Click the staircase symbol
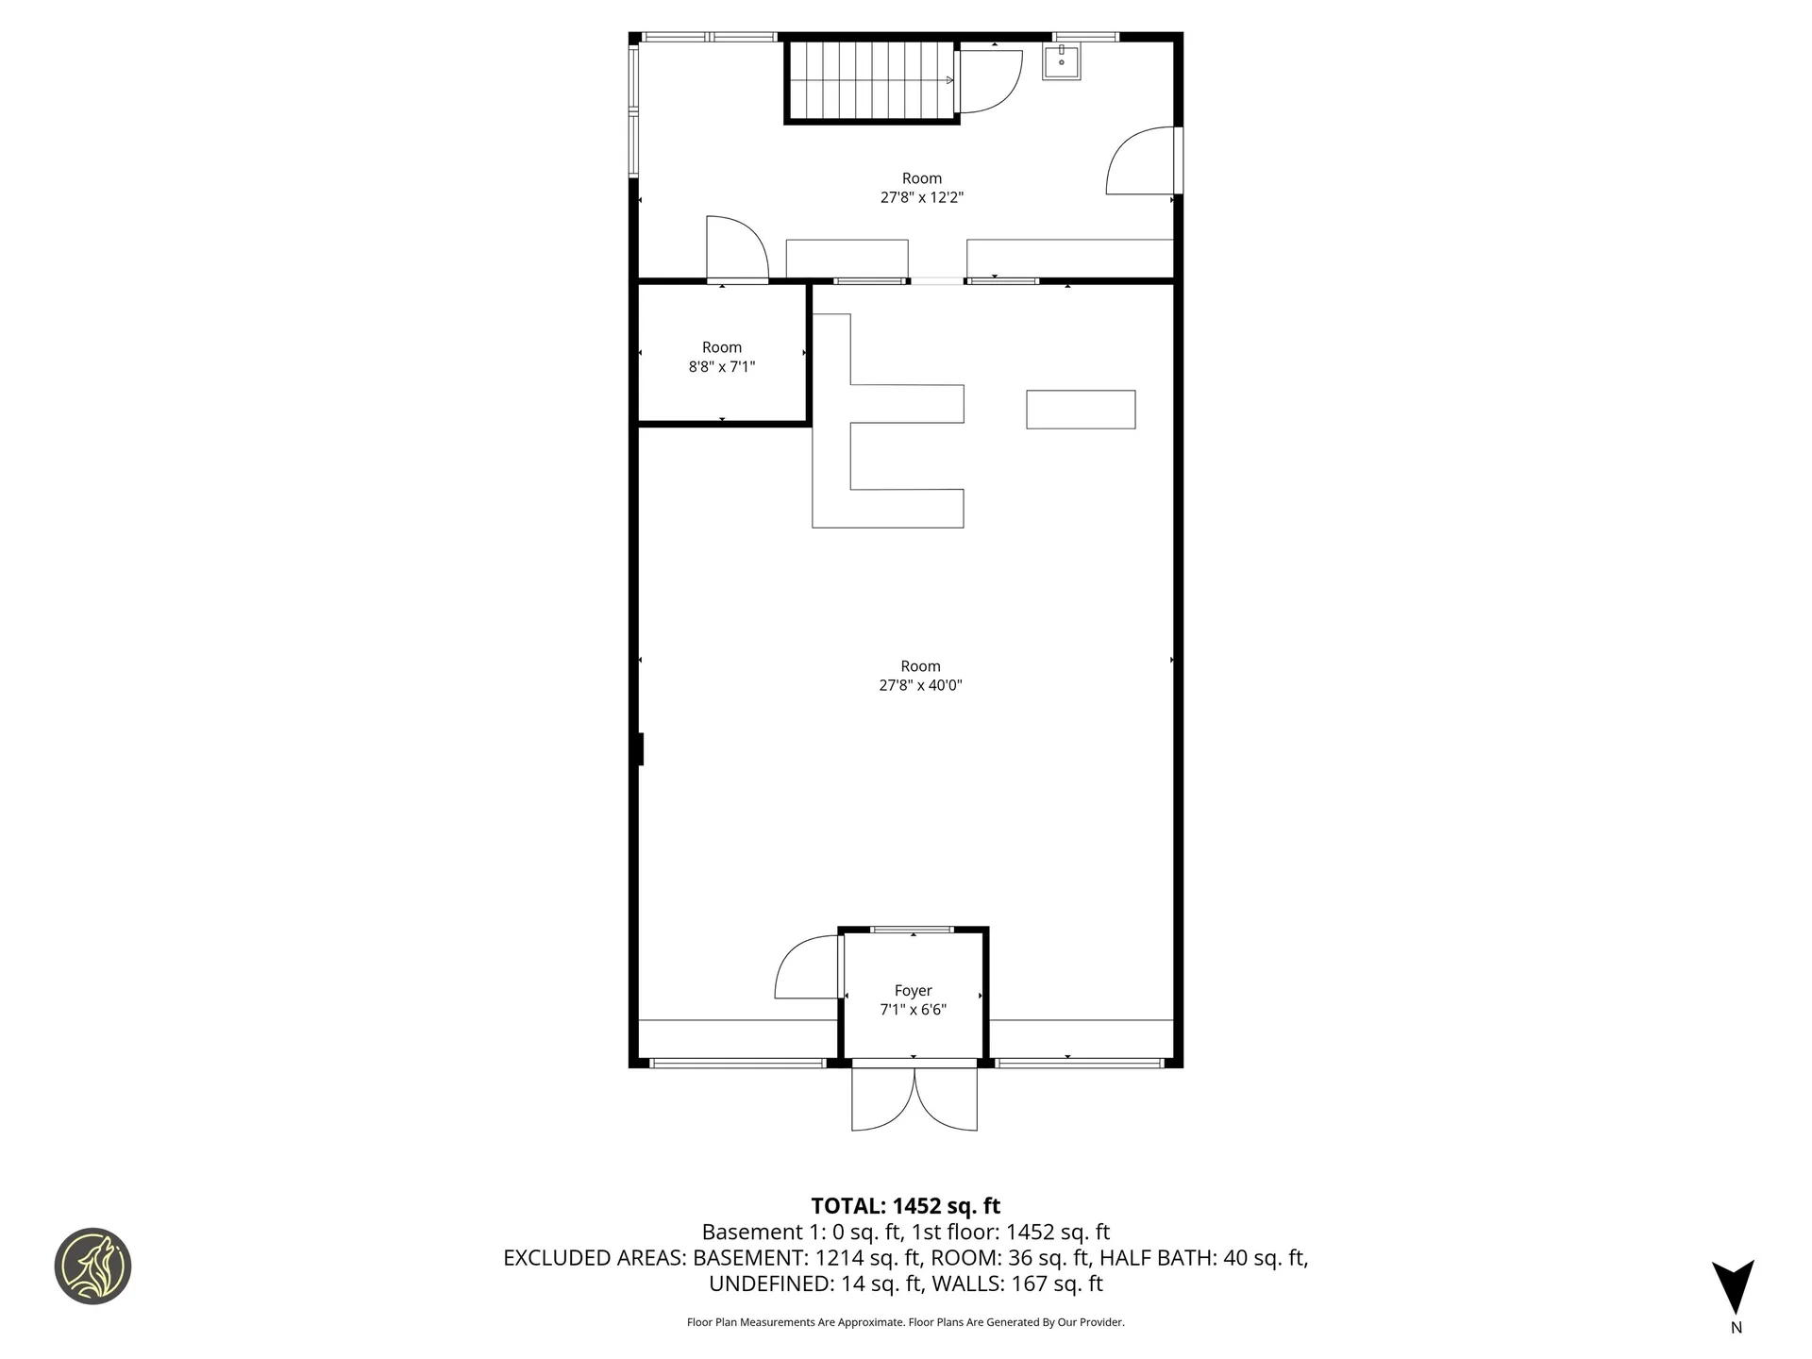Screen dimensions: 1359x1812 click(x=870, y=80)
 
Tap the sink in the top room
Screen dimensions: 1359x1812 click(x=1061, y=62)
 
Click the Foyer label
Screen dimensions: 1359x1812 click(x=913, y=990)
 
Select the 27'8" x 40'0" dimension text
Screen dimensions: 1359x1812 click(x=920, y=686)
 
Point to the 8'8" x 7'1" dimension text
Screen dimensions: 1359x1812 click(x=722, y=367)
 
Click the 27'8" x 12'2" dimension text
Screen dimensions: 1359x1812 click(x=921, y=198)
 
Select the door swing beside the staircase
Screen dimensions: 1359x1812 click(x=989, y=80)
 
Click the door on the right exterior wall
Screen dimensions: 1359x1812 click(x=1142, y=162)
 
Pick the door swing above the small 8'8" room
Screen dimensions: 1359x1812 click(x=736, y=249)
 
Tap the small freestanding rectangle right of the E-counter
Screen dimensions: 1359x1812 click(x=1081, y=410)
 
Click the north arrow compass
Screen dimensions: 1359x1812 click(x=1734, y=1288)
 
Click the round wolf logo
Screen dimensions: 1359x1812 click(x=92, y=1267)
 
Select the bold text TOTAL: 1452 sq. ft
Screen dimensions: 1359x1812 click(x=905, y=1206)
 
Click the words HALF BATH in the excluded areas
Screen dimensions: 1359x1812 click(x=1157, y=1258)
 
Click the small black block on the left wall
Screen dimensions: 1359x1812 click(x=640, y=749)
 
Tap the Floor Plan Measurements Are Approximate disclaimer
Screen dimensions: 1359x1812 click(x=905, y=1322)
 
